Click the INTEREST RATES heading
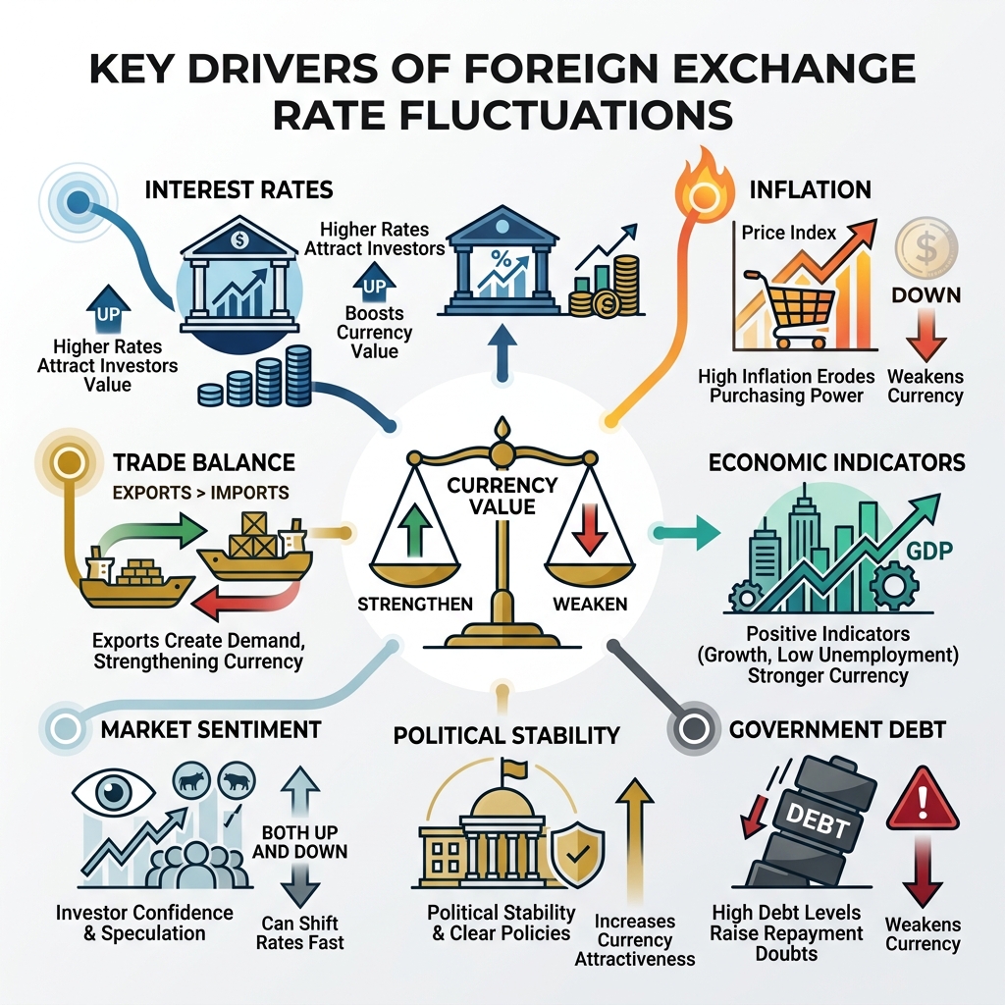click(238, 188)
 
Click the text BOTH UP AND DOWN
click(299, 841)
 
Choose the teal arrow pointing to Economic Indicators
click(698, 534)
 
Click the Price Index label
click(788, 233)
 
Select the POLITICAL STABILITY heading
click(506, 734)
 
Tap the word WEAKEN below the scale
click(590, 603)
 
